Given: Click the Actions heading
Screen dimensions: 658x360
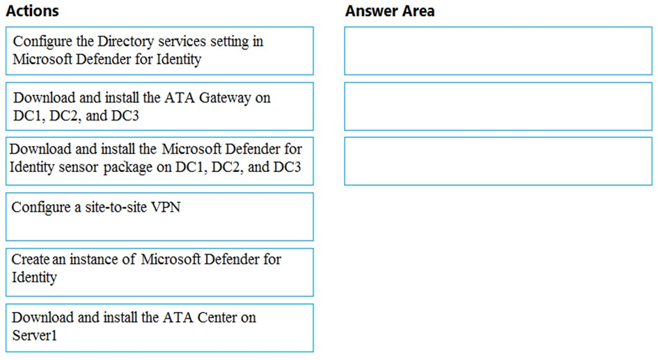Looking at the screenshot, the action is point(32,11).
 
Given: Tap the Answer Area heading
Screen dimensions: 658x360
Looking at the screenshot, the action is point(390,11).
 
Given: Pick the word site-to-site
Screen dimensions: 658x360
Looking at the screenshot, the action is point(116,208).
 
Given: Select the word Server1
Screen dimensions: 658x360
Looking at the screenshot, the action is point(34,336).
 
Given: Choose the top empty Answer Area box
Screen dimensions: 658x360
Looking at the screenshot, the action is point(498,51).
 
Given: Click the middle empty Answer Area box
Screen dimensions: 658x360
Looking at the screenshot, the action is point(498,107).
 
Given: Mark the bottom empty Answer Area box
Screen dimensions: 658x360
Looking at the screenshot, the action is point(498,161).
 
